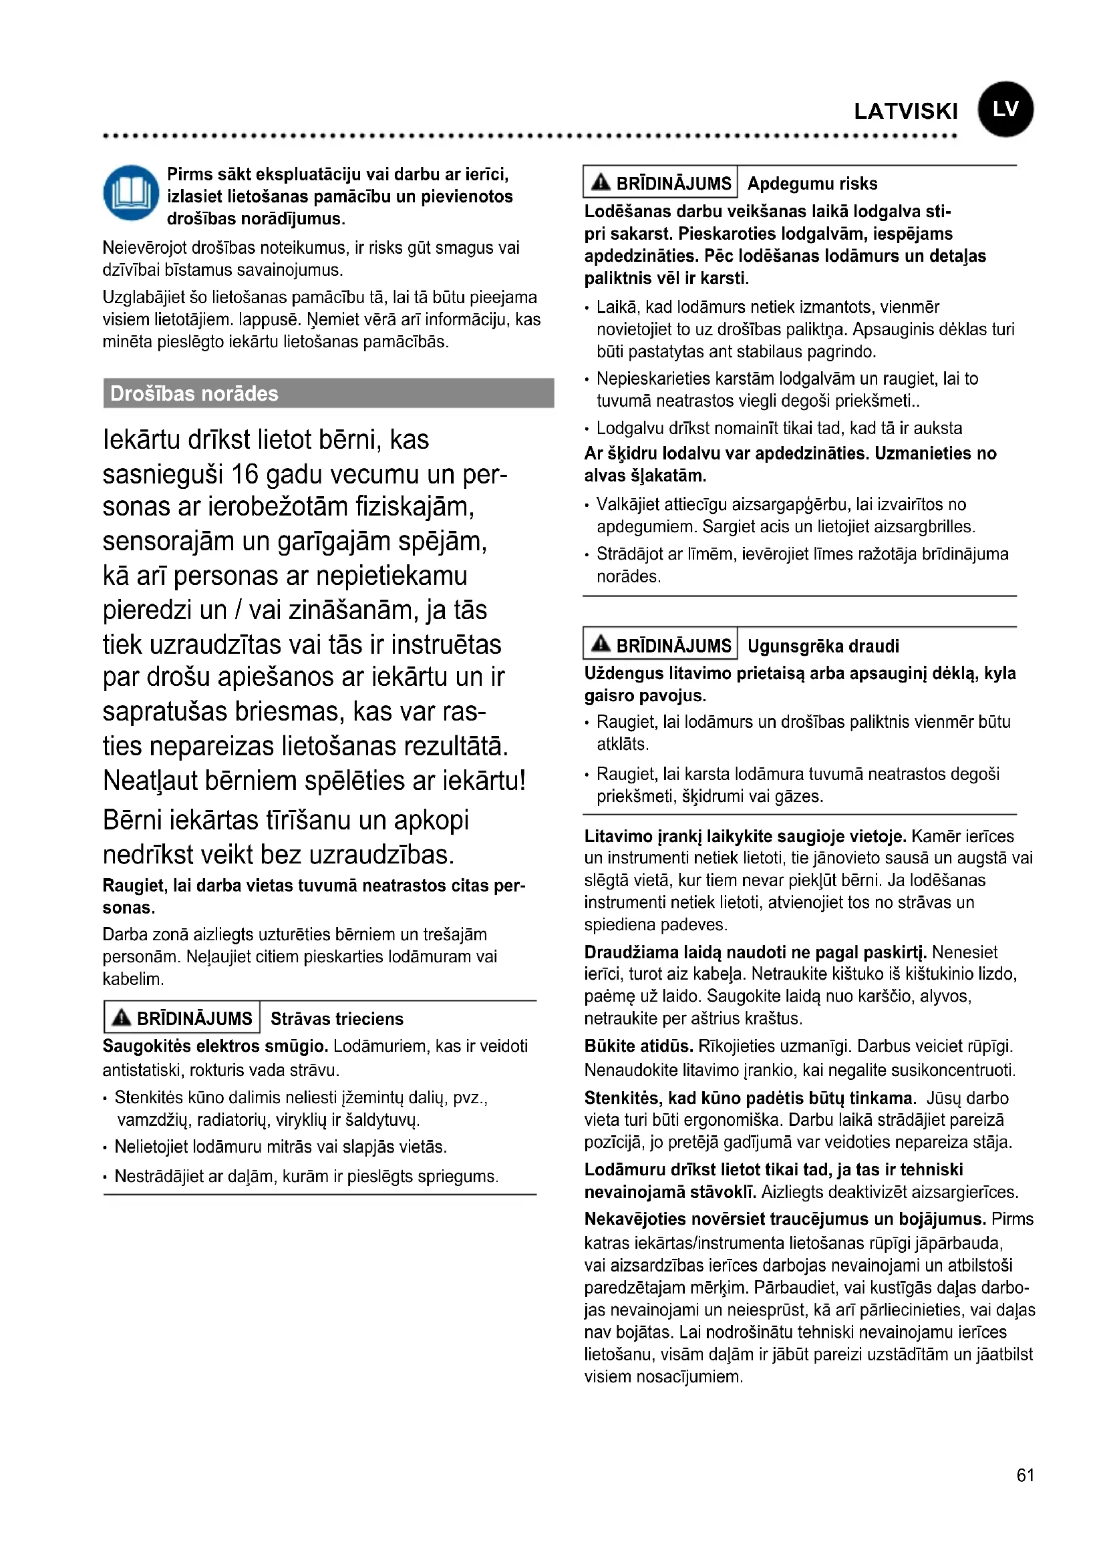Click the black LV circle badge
click(x=1005, y=110)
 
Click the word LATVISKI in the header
click(x=906, y=112)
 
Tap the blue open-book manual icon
click(x=131, y=193)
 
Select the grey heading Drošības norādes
click(x=194, y=394)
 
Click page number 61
click(x=1025, y=1475)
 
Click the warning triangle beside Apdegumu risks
click(x=601, y=182)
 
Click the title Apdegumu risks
click(x=812, y=184)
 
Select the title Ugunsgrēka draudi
click(x=822, y=646)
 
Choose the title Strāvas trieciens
click(x=337, y=1018)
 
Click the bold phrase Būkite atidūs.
click(x=638, y=1046)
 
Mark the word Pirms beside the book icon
click(x=190, y=175)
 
